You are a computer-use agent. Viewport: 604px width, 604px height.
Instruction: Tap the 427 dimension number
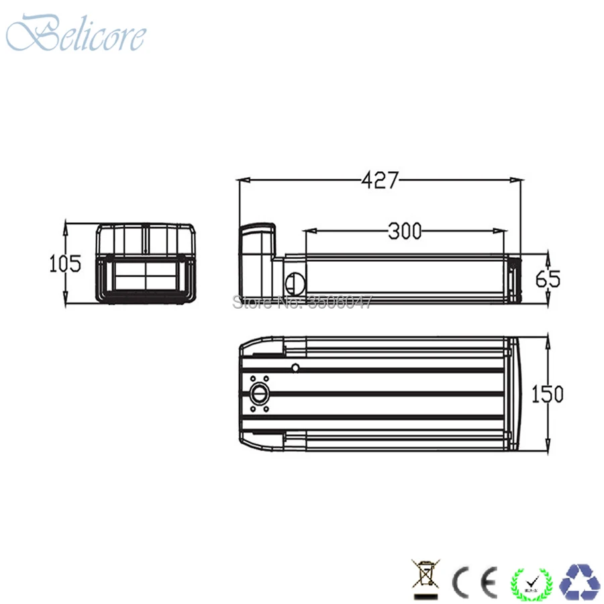coord(380,180)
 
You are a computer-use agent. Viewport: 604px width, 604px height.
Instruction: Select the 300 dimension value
coord(404,231)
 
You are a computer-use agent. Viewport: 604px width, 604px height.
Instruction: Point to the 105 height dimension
coord(65,264)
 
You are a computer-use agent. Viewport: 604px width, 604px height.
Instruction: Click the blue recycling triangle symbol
coord(581,579)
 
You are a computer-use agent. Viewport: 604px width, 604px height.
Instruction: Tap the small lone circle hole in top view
coord(295,367)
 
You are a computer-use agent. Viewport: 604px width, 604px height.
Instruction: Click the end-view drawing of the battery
coord(145,264)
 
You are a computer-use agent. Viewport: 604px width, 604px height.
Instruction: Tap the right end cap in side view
coord(513,279)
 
